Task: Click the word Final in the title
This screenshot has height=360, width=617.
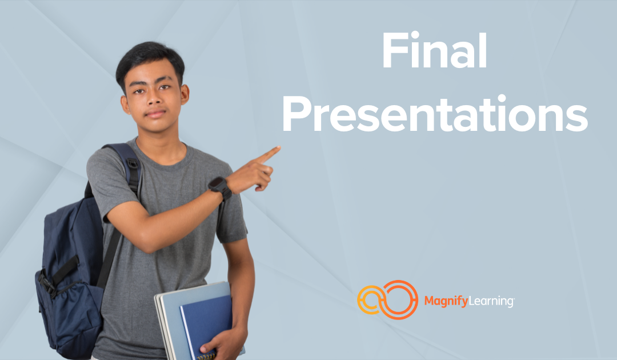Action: [434, 51]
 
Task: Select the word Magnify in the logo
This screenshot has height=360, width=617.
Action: [443, 301]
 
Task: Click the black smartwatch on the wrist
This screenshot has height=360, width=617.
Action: [219, 187]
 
